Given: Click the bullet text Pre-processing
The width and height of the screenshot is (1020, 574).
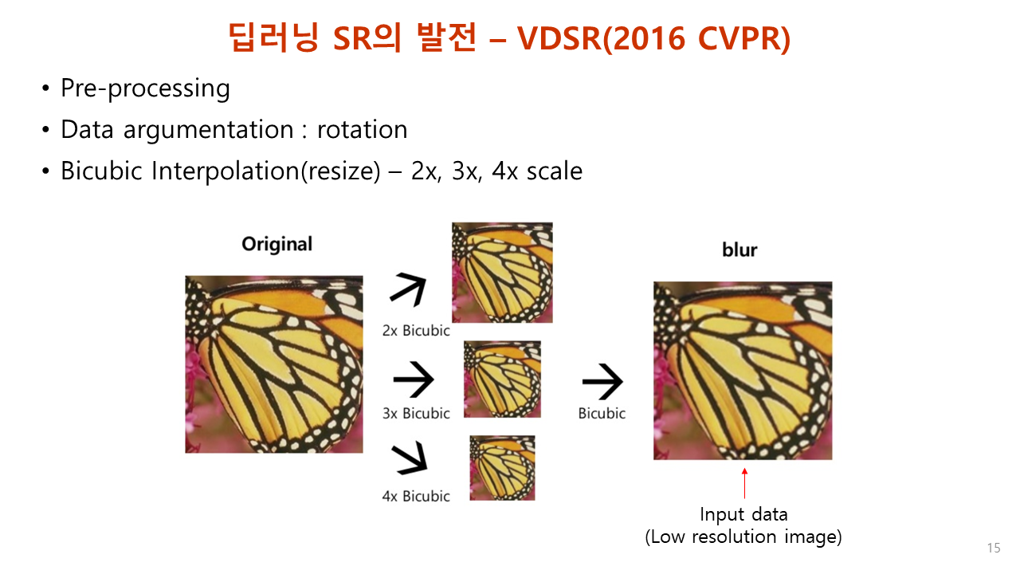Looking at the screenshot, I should tap(145, 88).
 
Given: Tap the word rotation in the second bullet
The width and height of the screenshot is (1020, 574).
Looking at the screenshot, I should tap(362, 129).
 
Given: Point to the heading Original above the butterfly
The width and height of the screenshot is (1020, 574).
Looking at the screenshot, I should tap(277, 244).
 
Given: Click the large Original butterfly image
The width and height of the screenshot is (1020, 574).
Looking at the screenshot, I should tap(274, 364).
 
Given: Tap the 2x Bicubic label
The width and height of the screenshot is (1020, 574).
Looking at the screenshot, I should tap(416, 330).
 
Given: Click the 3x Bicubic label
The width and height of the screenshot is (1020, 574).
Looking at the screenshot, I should tap(416, 413).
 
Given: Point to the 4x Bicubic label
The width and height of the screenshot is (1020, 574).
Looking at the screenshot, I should tap(416, 496).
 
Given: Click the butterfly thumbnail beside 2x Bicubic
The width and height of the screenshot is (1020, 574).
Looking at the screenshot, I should tap(502, 272).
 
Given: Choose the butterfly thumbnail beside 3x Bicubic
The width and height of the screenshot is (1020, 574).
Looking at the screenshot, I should tap(502, 379).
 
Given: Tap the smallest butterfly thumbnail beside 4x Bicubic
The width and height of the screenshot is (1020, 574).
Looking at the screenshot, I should tap(502, 467).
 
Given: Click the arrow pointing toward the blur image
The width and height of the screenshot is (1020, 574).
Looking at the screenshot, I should tap(602, 383).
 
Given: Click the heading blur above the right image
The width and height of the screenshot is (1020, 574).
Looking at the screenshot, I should tap(739, 250).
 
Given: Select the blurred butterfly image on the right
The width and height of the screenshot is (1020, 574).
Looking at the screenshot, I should tap(743, 371).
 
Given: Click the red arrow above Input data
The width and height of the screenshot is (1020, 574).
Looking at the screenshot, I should tap(744, 483).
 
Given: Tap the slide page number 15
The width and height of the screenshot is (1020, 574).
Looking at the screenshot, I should tap(993, 548).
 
